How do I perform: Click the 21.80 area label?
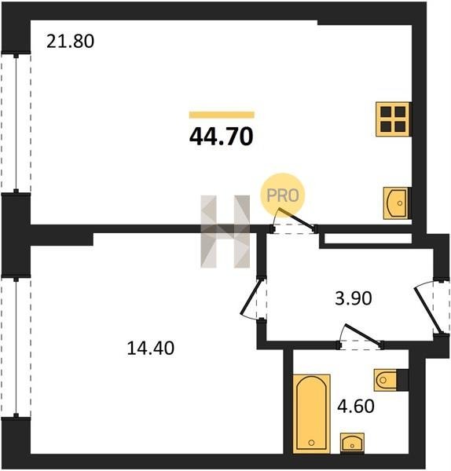click(x=70, y=42)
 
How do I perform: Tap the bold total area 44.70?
click(x=222, y=137)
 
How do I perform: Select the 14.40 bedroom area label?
click(x=150, y=349)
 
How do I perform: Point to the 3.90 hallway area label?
click(x=354, y=298)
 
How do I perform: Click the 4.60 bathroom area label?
click(x=356, y=406)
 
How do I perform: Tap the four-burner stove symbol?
click(x=393, y=119)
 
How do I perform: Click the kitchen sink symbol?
click(x=397, y=203)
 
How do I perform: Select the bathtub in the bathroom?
click(x=311, y=414)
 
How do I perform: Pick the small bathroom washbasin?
click(x=352, y=443)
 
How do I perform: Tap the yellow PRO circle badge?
click(x=282, y=195)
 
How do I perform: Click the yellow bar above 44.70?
click(x=222, y=115)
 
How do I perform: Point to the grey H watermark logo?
click(x=225, y=232)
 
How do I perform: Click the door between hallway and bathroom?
click(x=361, y=337)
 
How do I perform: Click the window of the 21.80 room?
click(x=16, y=123)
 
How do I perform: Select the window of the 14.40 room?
click(x=16, y=348)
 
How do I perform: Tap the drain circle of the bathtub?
click(x=311, y=443)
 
